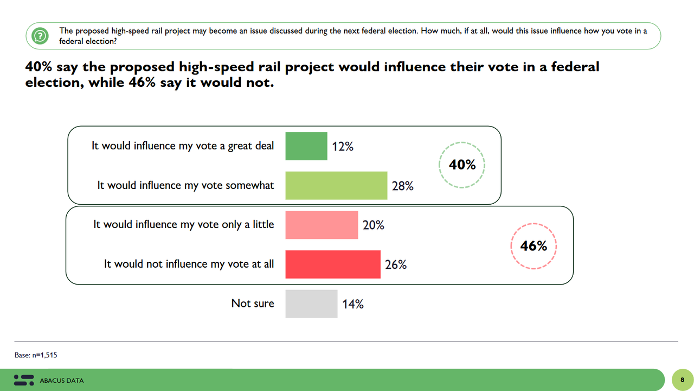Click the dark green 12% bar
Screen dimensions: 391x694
tap(306, 146)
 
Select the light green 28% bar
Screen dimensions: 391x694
tap(336, 185)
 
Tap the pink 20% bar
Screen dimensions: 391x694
tap(322, 225)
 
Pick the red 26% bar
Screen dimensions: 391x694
tap(333, 264)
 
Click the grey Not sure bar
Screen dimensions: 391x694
tap(311, 304)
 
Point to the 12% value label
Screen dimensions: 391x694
tap(343, 147)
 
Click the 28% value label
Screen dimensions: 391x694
tap(403, 186)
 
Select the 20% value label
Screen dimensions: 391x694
tap(374, 225)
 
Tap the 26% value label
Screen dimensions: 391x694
tap(396, 265)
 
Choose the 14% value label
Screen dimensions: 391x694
tap(353, 304)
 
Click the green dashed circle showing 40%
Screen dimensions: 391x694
tap(462, 165)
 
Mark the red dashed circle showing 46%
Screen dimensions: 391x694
tap(534, 246)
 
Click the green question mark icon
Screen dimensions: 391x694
tap(39, 36)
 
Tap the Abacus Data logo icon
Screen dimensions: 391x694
tap(23, 380)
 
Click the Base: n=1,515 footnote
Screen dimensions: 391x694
tap(36, 355)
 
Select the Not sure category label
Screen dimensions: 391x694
tap(253, 304)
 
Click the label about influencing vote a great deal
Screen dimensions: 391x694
tap(183, 146)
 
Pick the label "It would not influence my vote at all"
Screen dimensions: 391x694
tap(189, 264)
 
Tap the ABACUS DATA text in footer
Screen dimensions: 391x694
tap(62, 381)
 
